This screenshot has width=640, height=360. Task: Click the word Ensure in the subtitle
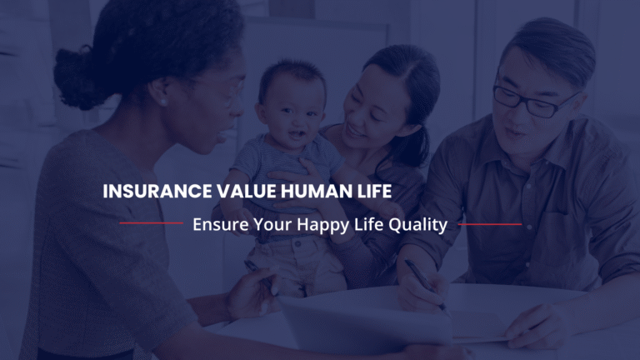[x=217, y=224]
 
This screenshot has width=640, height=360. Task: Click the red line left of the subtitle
[x=151, y=223]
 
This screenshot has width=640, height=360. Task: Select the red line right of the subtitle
[x=489, y=223]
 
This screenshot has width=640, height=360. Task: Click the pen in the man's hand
[x=424, y=284]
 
